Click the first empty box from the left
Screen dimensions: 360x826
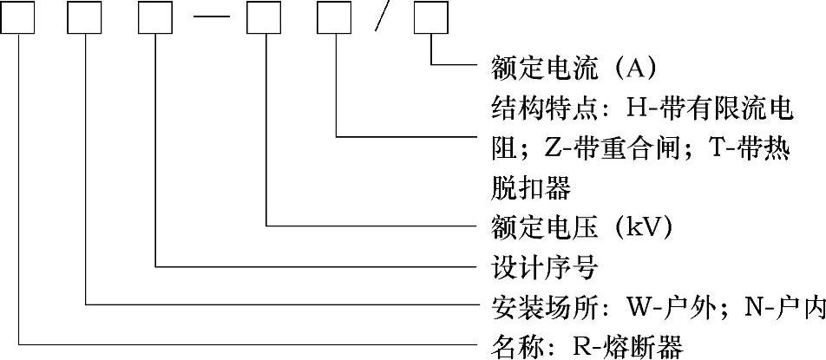point(18,18)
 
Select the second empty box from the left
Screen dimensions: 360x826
point(87,18)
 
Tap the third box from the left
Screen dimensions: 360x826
point(155,18)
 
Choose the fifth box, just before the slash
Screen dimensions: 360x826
point(335,18)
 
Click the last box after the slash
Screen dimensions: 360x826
point(431,18)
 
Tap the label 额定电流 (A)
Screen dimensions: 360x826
point(568,67)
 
